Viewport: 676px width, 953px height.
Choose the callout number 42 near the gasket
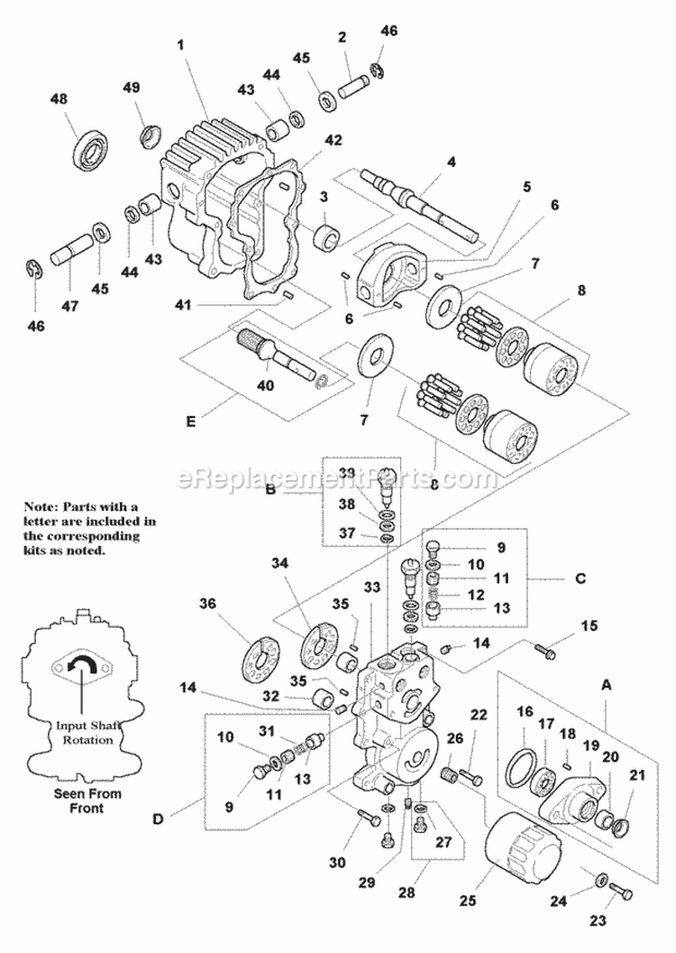pyautogui.click(x=333, y=140)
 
